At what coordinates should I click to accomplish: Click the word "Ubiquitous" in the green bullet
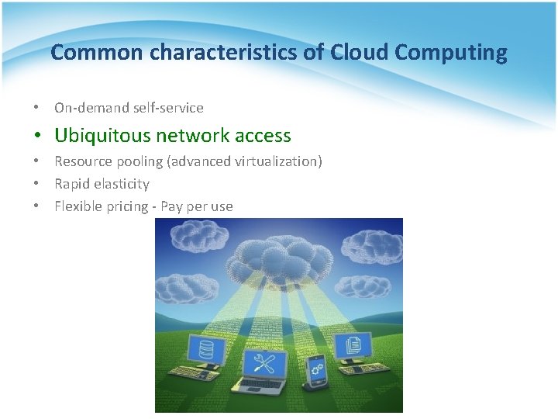(102, 136)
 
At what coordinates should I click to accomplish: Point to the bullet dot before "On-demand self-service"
(36, 109)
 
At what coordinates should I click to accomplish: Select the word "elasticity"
(122, 184)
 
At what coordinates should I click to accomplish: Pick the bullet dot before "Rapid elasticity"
(36, 185)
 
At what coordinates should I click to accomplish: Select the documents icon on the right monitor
(353, 345)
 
